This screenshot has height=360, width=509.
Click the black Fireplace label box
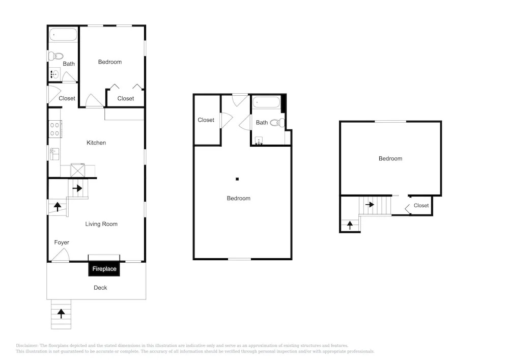pyautogui.click(x=104, y=269)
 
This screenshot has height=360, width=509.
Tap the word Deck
pyautogui.click(x=100, y=288)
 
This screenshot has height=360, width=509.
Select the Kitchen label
pyautogui.click(x=96, y=143)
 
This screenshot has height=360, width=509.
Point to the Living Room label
pyautogui.click(x=101, y=224)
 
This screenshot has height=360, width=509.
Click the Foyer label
pyautogui.click(x=62, y=242)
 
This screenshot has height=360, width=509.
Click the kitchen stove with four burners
pyautogui.click(x=55, y=129)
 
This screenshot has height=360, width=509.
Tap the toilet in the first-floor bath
pyautogui.click(x=55, y=56)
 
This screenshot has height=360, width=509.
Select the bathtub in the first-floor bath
pyautogui.click(x=63, y=35)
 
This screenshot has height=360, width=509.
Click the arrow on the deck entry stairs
pyautogui.click(x=61, y=314)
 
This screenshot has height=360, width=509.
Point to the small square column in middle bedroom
pyautogui.click(x=237, y=179)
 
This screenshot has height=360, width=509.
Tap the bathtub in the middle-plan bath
pyautogui.click(x=266, y=102)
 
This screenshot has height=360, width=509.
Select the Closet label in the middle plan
pyautogui.click(x=206, y=120)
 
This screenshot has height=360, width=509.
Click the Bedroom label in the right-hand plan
pyautogui.click(x=390, y=159)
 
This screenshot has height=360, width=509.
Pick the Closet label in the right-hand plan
pyautogui.click(x=421, y=206)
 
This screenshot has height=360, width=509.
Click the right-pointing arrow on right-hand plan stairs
pyautogui.click(x=370, y=205)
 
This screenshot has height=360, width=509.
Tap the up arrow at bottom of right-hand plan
pyautogui.click(x=350, y=225)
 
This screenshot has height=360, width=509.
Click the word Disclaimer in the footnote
pyautogui.click(x=27, y=346)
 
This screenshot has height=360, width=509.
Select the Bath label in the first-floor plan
pyautogui.click(x=69, y=64)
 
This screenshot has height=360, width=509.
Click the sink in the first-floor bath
pyautogui.click(x=54, y=74)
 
